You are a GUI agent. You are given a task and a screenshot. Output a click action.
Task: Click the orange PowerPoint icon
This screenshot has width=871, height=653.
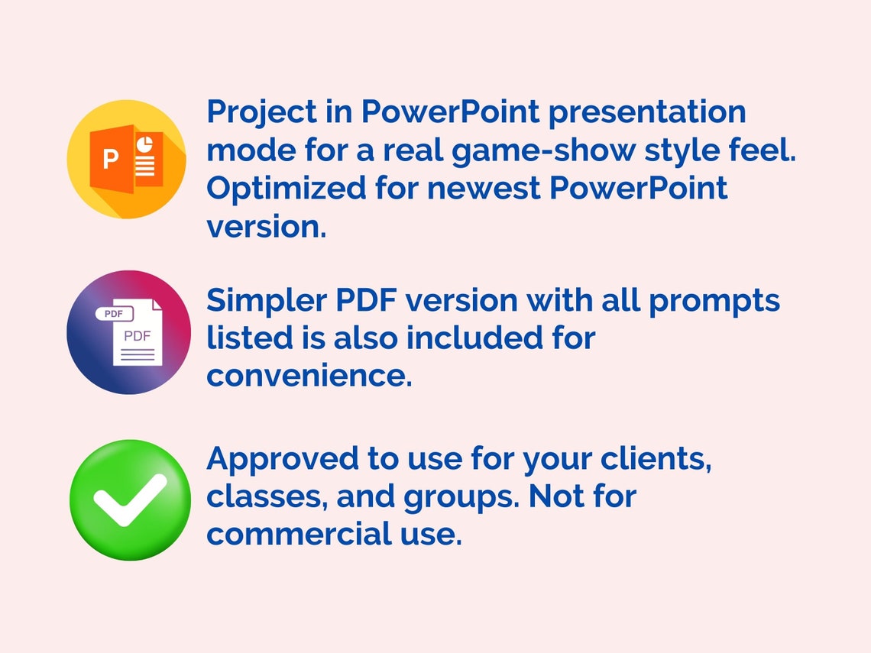tap(127, 160)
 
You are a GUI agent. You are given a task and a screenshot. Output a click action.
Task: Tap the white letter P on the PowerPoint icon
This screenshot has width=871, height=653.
tap(111, 160)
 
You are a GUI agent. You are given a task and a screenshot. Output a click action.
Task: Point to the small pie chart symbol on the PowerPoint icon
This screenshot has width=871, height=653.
tap(145, 144)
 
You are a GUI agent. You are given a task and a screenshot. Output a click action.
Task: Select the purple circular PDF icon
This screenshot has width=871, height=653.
tap(128, 332)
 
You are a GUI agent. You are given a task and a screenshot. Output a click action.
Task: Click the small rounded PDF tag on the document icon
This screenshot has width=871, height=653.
tap(115, 314)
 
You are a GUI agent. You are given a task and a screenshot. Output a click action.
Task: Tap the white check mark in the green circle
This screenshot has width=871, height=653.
tap(130, 499)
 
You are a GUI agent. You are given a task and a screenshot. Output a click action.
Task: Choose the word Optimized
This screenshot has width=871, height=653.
tap(286, 189)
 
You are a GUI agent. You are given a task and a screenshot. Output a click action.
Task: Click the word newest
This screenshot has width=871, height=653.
tap(484, 188)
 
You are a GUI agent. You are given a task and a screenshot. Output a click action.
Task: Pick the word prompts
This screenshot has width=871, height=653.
tap(714, 302)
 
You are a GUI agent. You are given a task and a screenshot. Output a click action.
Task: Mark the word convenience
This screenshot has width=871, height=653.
tap(309, 376)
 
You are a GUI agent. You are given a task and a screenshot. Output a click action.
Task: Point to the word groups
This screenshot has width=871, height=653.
tap(461, 497)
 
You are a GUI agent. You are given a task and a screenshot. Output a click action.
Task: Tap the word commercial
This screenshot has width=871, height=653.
tap(300, 534)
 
